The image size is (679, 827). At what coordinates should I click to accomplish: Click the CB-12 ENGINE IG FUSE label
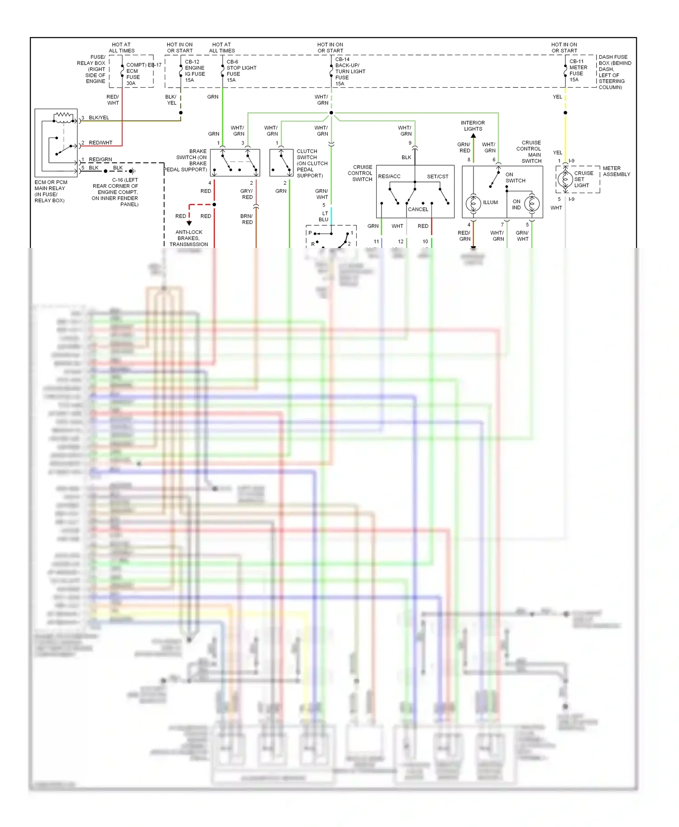195,71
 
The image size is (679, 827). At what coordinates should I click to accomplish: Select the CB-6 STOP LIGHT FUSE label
241,71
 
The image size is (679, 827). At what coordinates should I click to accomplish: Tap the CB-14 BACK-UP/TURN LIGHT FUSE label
349,71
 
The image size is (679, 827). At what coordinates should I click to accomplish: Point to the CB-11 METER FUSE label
578,71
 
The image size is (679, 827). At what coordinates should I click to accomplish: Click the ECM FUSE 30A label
133,74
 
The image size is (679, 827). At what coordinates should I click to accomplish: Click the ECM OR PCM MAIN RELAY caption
50,191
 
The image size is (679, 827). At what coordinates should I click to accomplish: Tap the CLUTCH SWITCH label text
311,163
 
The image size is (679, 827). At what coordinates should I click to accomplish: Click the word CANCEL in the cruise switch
418,209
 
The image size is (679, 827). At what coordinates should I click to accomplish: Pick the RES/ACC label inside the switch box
389,176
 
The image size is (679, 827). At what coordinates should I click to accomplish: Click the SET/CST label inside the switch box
437,176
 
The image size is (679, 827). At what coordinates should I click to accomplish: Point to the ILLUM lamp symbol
473,204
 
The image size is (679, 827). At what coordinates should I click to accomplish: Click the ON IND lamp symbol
532,204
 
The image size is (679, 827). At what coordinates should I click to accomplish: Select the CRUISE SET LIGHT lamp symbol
565,180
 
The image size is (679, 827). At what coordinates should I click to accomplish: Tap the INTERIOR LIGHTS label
473,126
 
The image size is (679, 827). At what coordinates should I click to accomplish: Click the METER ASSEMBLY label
616,171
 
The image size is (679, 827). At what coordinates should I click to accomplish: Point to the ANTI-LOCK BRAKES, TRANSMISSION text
189,238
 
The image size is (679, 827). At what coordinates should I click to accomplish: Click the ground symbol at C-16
132,171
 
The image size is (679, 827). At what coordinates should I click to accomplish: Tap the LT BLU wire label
324,217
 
